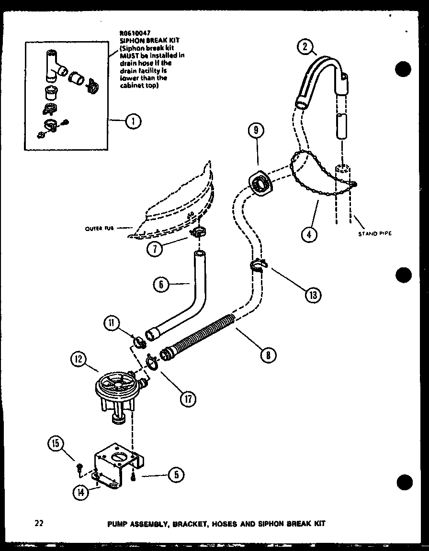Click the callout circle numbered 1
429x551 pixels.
pos(133,122)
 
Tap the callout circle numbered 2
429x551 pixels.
pos(305,47)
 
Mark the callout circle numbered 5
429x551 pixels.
pos(175,474)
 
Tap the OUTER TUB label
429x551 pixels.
pos(99,228)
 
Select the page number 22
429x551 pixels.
pos(39,523)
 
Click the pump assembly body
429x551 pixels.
pos(118,387)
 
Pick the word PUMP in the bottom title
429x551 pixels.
pos(118,524)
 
